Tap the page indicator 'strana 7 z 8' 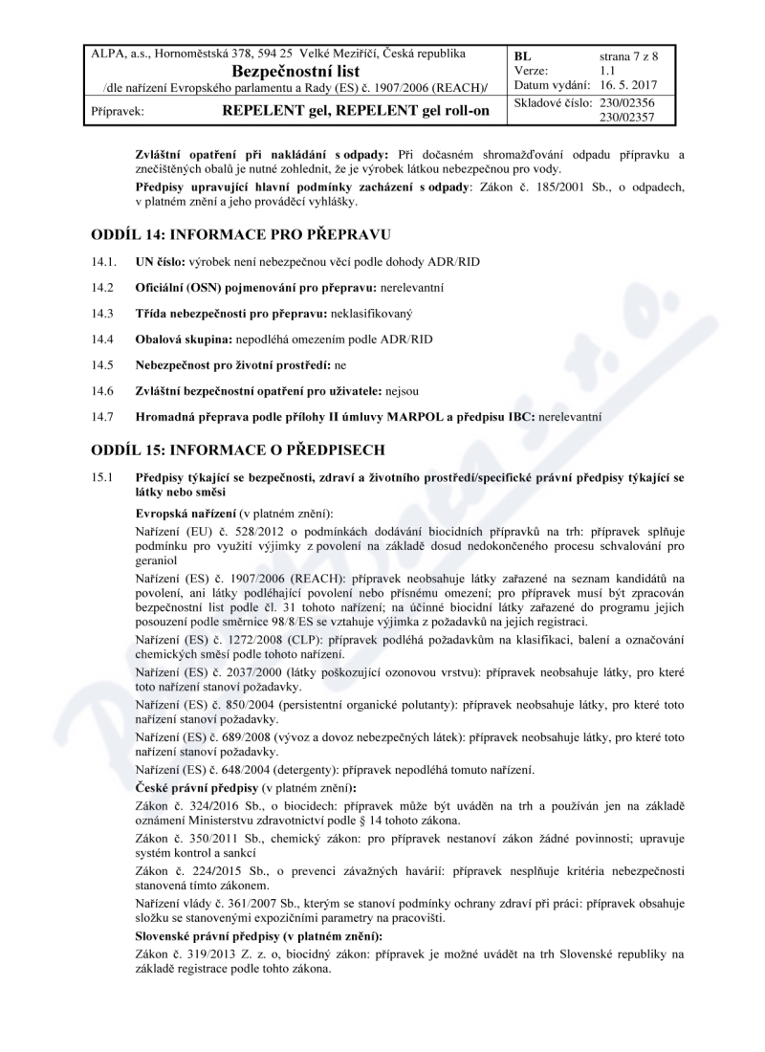point(628,56)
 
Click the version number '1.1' point(607,71)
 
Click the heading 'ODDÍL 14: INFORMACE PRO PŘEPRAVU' point(241,235)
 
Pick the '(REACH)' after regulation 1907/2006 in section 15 point(293,579)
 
